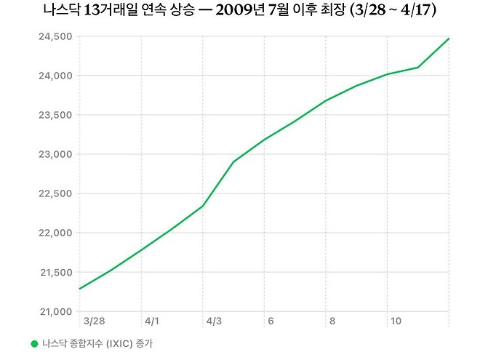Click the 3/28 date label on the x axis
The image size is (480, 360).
coord(94,321)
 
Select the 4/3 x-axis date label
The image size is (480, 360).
coord(214,321)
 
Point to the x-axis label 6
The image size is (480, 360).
coord(271,321)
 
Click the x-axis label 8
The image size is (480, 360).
coord(332,321)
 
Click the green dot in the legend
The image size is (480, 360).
coord(33,343)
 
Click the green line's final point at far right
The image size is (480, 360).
coord(449,38)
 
